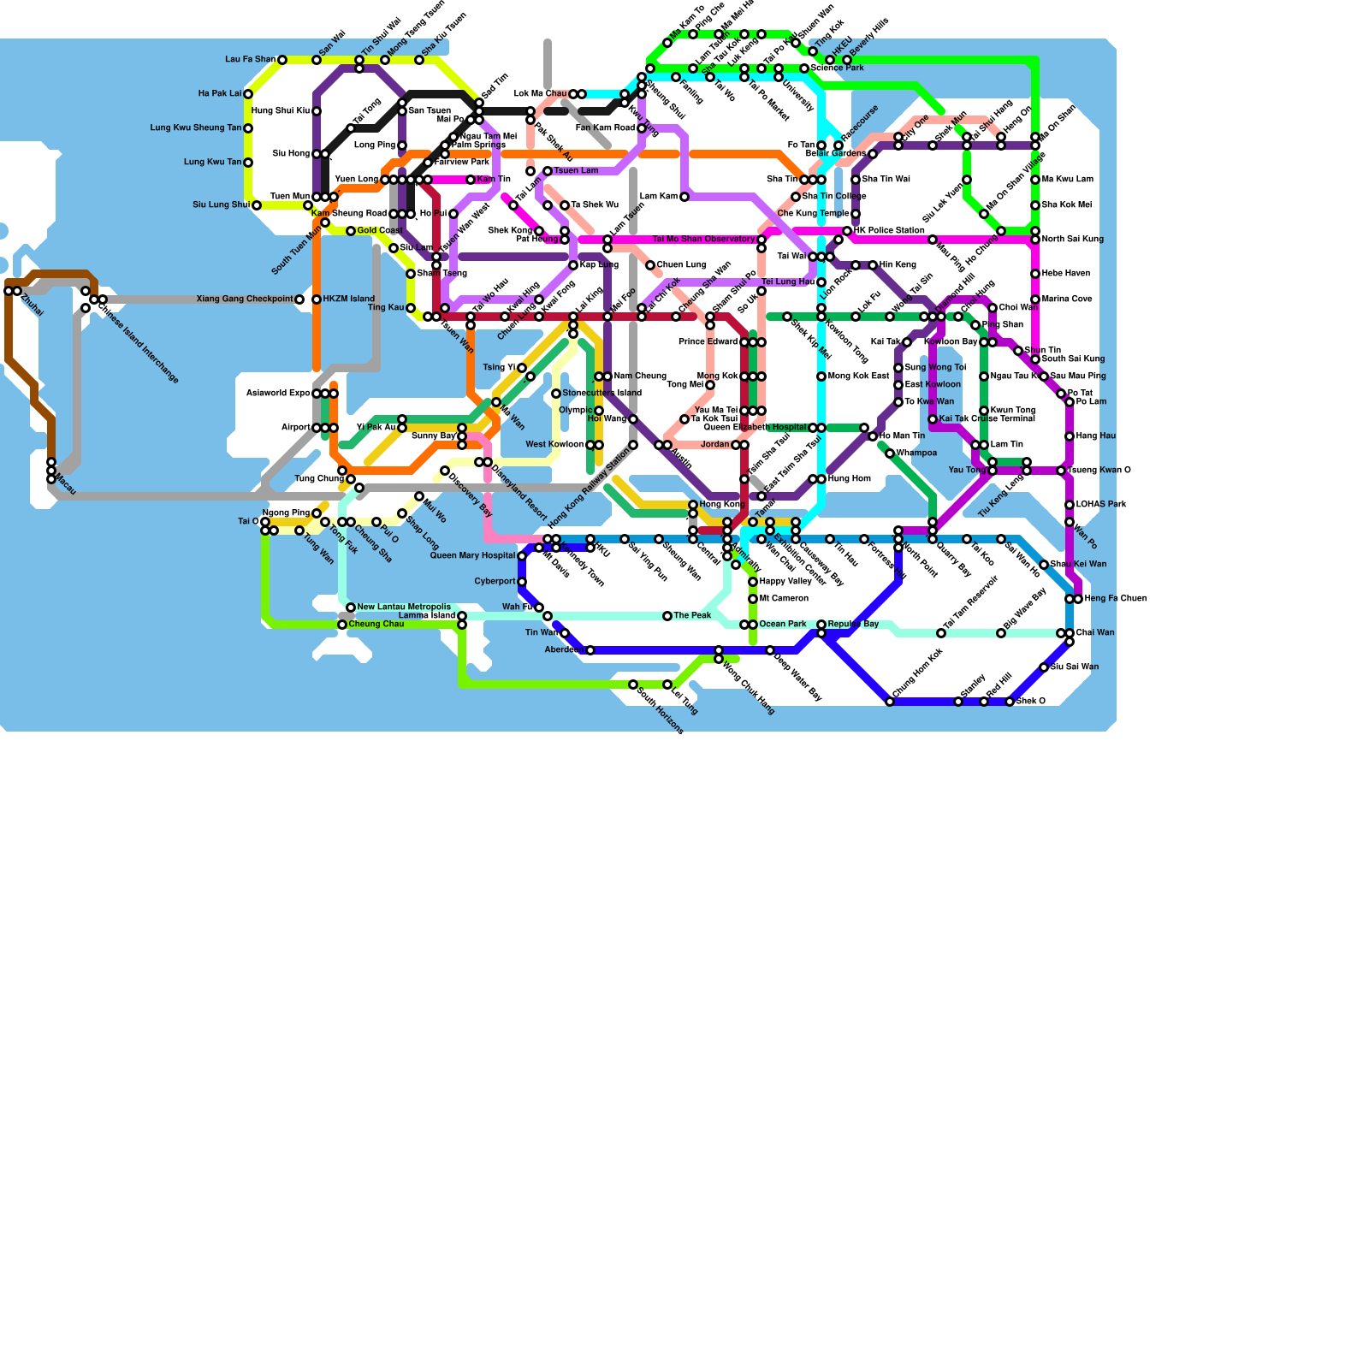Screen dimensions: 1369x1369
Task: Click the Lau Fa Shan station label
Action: [x=250, y=60]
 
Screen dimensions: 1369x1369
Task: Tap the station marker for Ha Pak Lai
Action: [x=248, y=94]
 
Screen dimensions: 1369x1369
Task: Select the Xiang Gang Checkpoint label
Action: [x=244, y=299]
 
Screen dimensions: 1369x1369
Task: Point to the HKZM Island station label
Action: [x=348, y=299]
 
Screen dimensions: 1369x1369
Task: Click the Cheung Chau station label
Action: [x=376, y=625]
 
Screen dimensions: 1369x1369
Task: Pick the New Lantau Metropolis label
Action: [x=404, y=607]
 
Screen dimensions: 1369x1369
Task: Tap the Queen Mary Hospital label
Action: [x=472, y=556]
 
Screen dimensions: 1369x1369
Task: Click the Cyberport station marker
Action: [x=522, y=582]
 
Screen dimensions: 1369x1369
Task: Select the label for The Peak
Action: [x=692, y=616]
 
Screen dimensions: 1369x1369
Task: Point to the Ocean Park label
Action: [x=783, y=625]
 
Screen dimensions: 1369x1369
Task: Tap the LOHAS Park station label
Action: [x=1099, y=505]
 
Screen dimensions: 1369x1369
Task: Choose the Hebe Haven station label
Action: [x=1066, y=274]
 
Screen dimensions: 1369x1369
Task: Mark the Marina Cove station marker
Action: [x=1035, y=299]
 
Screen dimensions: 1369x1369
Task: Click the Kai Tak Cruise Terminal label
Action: [x=987, y=419]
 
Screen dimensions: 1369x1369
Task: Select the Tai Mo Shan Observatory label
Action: [x=703, y=240]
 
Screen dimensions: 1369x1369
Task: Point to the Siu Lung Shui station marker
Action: [x=257, y=205]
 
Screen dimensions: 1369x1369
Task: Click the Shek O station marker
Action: [x=1010, y=702]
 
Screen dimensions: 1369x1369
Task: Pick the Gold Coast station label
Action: [x=380, y=231]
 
